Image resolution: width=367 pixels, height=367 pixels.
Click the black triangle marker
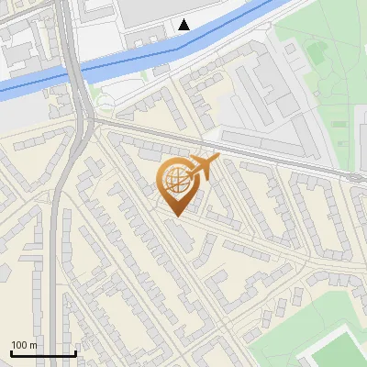(184, 25)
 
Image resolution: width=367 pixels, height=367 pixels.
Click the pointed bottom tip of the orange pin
(175, 216)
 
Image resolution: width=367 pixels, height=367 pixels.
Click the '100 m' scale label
(24, 345)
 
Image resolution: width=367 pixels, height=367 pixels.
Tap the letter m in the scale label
(33, 345)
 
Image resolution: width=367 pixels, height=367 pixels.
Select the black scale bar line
(43, 354)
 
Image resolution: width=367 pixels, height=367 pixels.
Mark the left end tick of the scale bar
(11, 352)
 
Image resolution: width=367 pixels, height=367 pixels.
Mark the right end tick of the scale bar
(75, 352)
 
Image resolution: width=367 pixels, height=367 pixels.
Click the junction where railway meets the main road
(90, 117)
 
